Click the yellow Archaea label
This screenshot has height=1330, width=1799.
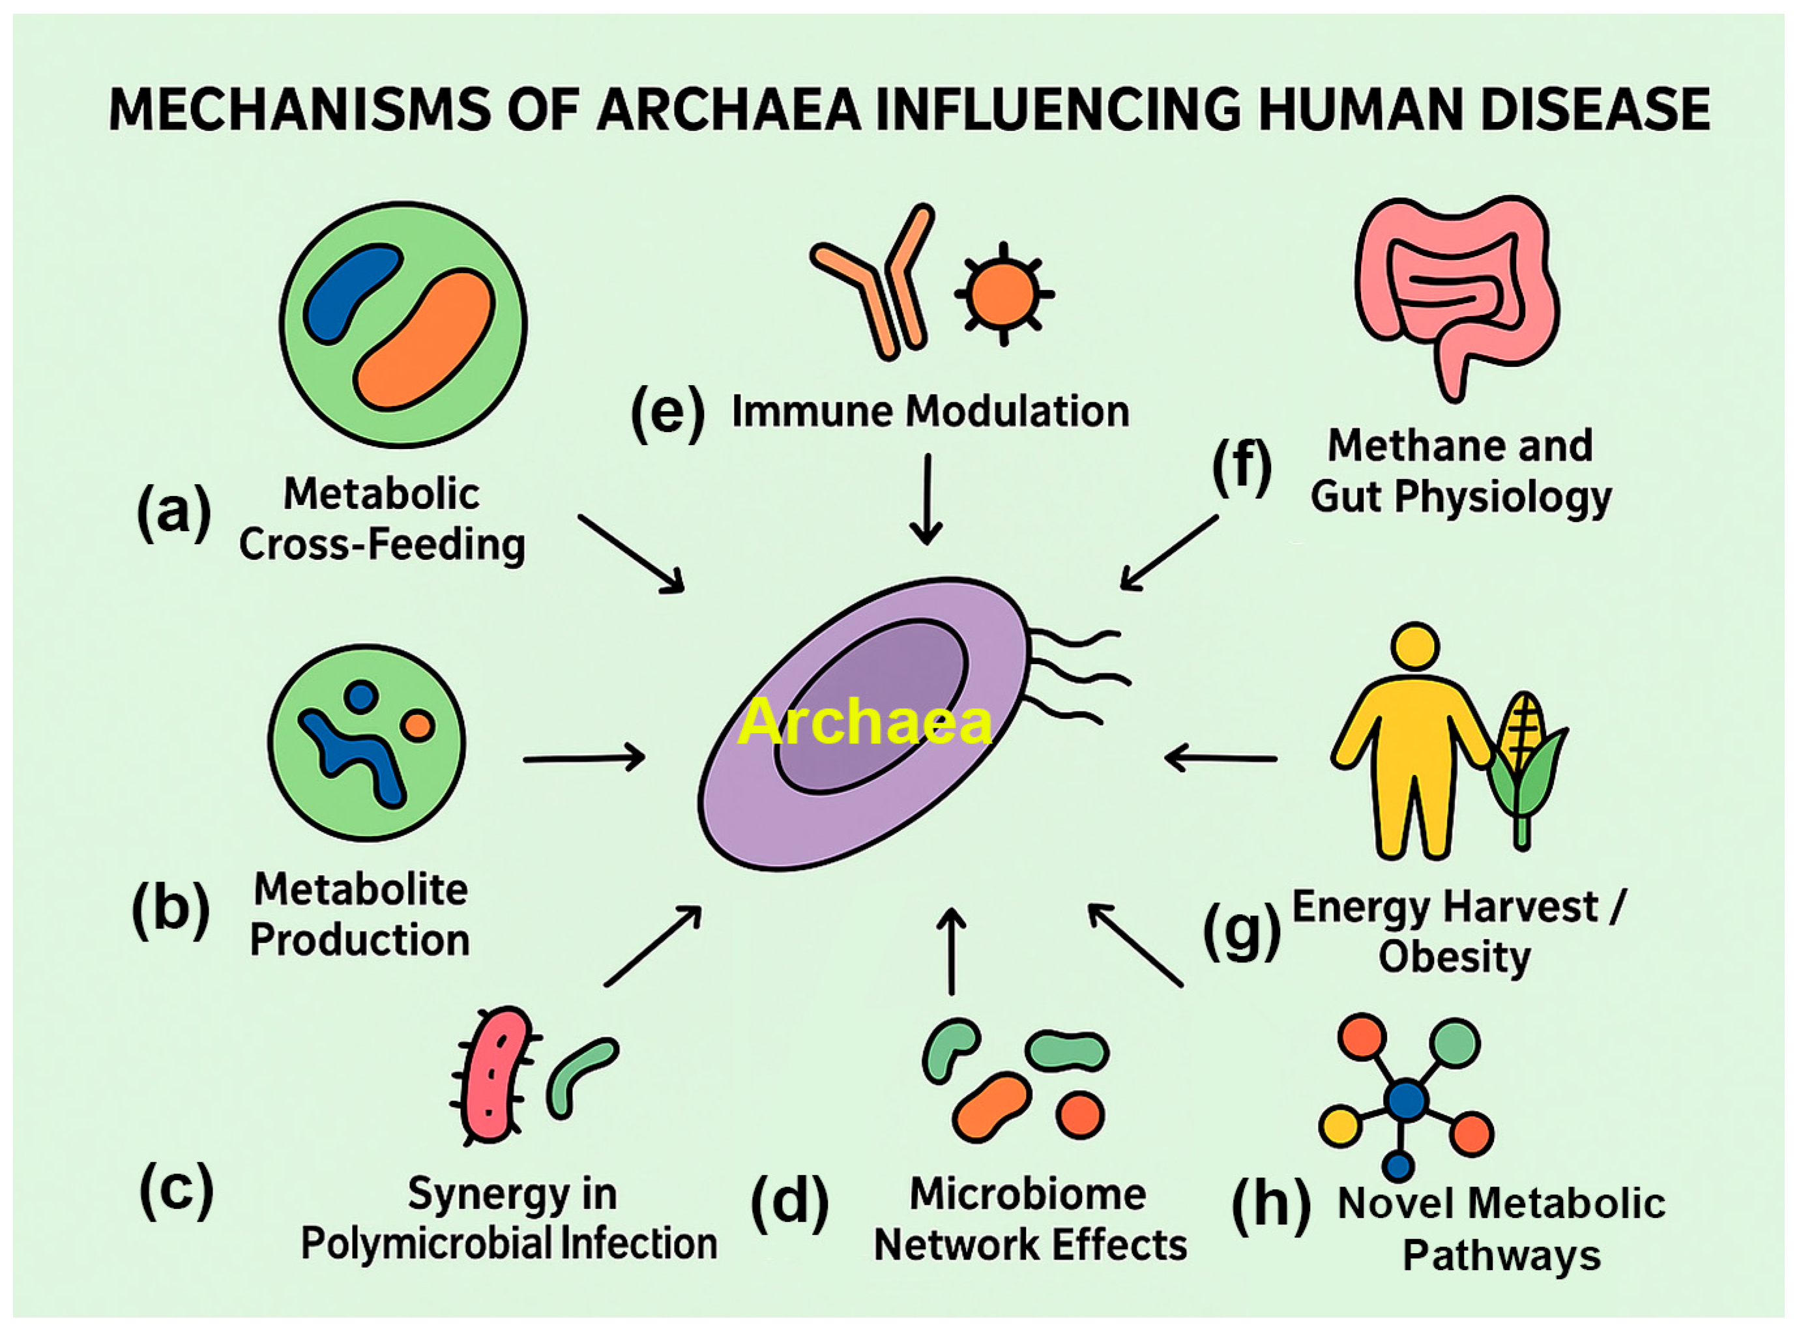[864, 722]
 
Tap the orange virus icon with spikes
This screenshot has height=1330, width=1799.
[1002, 293]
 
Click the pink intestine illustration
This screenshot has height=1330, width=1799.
[1456, 290]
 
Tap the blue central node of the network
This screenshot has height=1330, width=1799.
[1406, 1100]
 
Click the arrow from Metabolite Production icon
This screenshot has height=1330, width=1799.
[584, 758]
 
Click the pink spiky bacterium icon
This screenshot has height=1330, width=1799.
[493, 1075]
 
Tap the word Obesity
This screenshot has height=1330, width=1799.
[1454, 957]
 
